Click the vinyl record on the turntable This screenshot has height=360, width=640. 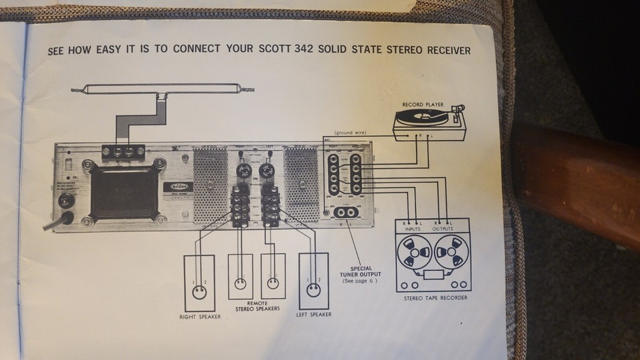pyautogui.click(x=419, y=117)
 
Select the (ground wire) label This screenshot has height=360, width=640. pyautogui.click(x=352, y=133)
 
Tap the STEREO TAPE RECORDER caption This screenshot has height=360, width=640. pyautogui.click(x=435, y=297)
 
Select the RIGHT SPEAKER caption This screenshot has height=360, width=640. pyautogui.click(x=200, y=316)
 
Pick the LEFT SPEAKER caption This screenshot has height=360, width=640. pyautogui.click(x=314, y=313)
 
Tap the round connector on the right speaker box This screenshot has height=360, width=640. pyautogui.click(x=199, y=291)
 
